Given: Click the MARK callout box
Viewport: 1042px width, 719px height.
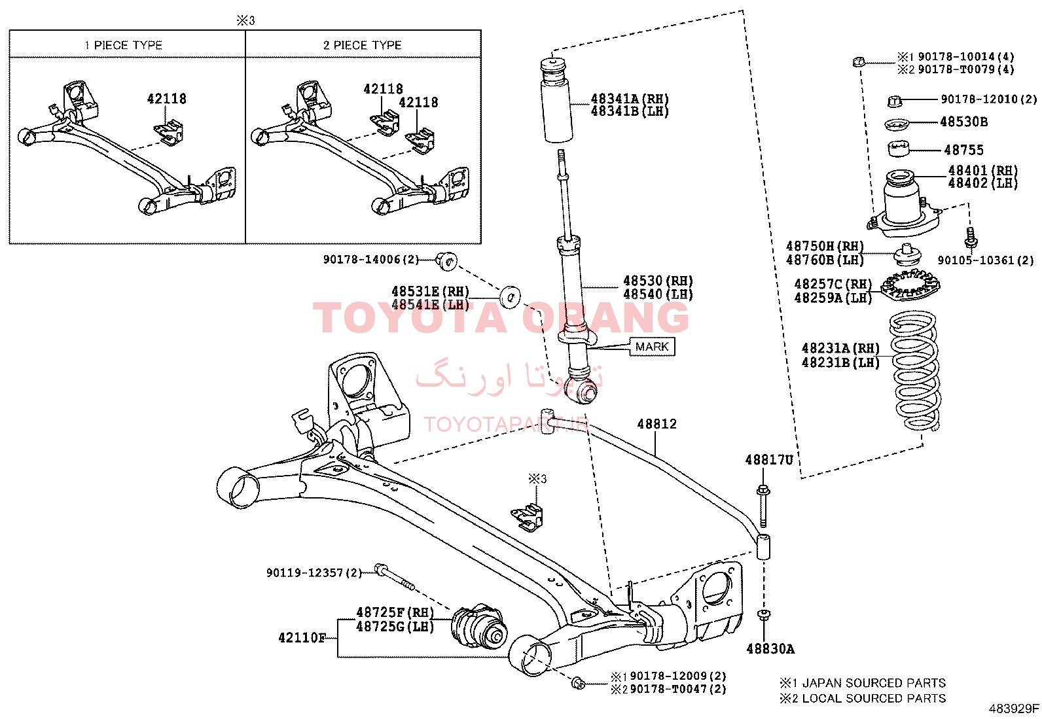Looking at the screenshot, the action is [x=652, y=347].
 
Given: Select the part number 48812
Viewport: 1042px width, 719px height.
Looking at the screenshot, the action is [x=657, y=424].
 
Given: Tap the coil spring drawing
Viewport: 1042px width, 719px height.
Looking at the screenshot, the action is [x=915, y=371].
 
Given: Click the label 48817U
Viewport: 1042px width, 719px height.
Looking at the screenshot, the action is [x=769, y=460].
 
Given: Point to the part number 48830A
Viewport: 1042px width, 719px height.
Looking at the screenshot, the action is [x=770, y=649].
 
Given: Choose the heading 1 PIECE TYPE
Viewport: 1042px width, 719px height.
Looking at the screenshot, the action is [x=123, y=45].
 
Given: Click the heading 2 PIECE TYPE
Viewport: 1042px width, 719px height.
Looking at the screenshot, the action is [x=363, y=45].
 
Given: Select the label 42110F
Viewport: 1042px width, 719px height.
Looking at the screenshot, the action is [x=302, y=638].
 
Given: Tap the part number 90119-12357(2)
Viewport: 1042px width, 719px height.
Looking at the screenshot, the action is [x=314, y=572].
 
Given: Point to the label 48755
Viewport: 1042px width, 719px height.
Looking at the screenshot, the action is [x=964, y=150].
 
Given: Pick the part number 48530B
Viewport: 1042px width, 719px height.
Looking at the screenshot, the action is [x=964, y=122].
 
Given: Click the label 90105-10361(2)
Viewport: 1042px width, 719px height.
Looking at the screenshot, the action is [x=986, y=260].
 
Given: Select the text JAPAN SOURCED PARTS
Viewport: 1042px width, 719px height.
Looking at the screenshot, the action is [x=874, y=683].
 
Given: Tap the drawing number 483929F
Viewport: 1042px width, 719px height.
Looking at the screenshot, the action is [x=1014, y=709].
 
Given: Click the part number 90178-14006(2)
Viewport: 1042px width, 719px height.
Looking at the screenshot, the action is [x=371, y=260].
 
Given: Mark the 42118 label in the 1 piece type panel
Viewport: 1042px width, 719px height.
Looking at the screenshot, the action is [x=166, y=99].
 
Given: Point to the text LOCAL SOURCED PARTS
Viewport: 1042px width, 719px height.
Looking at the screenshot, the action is [x=874, y=698].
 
